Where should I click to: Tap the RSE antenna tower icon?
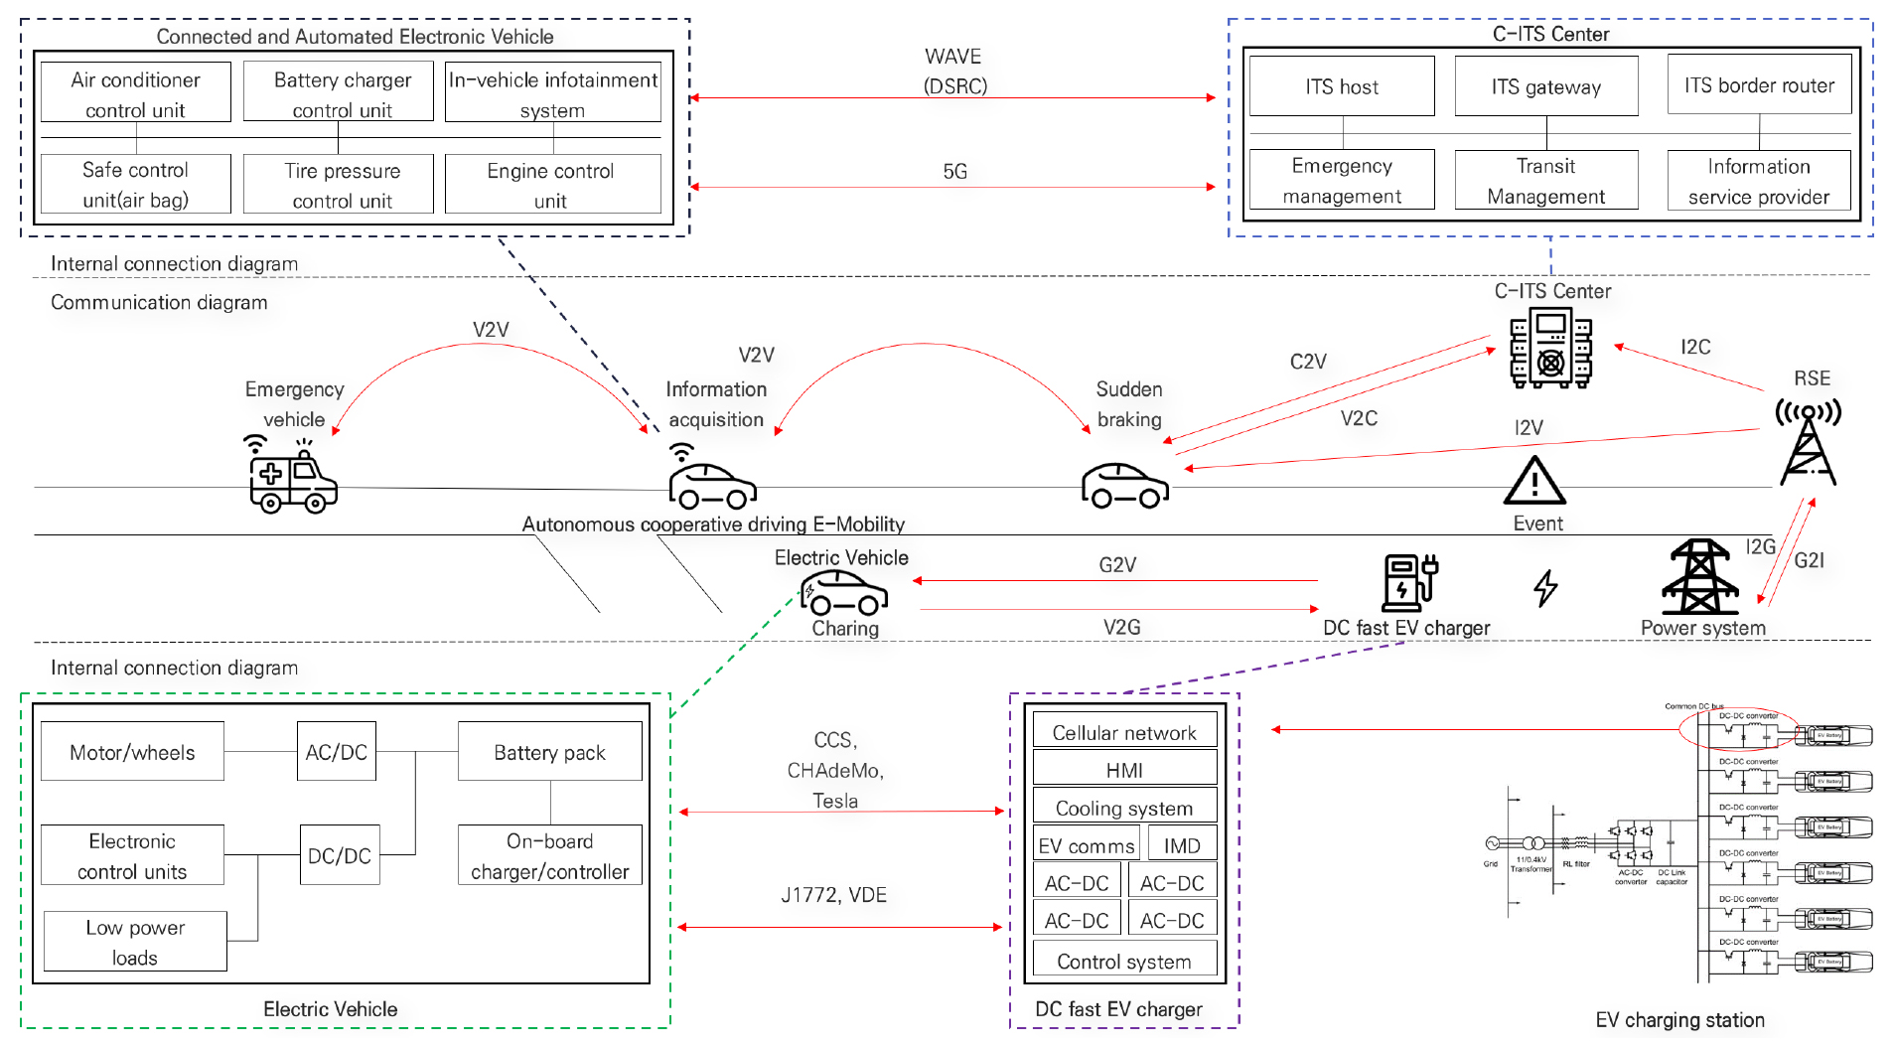(x=1808, y=441)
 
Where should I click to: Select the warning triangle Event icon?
(x=1534, y=481)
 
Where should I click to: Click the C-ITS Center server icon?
(x=1550, y=348)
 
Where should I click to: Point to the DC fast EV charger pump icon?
(x=1408, y=583)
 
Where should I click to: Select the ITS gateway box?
(x=1545, y=86)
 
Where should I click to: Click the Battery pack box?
(x=549, y=752)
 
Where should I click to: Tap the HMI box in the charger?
(x=1124, y=769)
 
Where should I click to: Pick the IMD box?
(x=1182, y=844)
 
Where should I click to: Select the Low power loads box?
(x=135, y=942)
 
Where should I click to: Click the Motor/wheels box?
(x=132, y=752)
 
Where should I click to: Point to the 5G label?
(x=954, y=172)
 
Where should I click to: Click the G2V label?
(x=1117, y=565)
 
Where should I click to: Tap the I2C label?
(x=1695, y=347)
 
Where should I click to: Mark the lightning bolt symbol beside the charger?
(x=1545, y=588)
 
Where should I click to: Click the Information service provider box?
(x=1758, y=181)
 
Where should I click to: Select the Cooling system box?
(x=1124, y=807)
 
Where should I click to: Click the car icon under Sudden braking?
(x=1124, y=486)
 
